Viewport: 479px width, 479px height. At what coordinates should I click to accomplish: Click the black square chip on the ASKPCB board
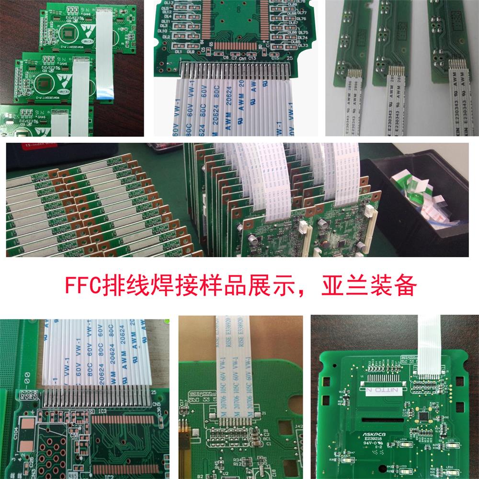tap(424, 415)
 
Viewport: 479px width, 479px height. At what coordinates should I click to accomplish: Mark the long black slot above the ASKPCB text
tap(383, 419)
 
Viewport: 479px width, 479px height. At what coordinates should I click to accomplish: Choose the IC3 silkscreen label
tap(102, 411)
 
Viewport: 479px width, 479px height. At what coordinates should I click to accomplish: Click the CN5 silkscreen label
tap(156, 404)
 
